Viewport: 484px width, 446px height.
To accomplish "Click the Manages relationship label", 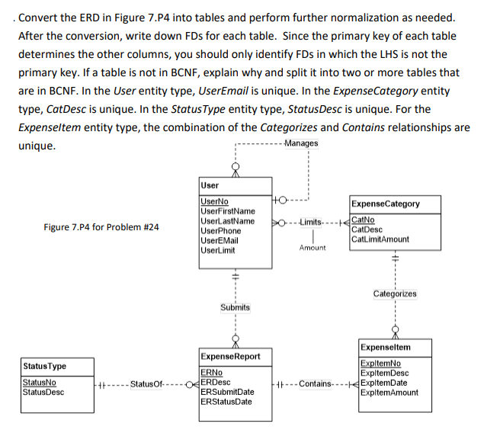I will point(300,144).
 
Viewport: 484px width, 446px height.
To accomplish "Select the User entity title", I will point(210,185).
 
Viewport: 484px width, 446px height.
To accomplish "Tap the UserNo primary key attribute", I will point(213,201).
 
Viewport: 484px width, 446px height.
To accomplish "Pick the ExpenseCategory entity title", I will point(386,204).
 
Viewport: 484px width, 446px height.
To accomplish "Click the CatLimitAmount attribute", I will point(380,239).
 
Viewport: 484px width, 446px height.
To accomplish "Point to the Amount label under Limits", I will point(313,248).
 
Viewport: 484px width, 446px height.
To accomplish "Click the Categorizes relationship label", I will point(395,294).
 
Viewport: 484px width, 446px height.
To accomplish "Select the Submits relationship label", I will point(236,307).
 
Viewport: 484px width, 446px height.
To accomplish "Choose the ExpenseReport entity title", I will point(230,356).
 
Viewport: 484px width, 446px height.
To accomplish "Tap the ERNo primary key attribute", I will point(211,372).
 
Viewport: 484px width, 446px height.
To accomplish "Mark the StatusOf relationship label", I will point(146,383).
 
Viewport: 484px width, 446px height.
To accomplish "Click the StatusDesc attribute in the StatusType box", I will point(43,393).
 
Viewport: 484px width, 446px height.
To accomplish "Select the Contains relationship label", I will point(316,383).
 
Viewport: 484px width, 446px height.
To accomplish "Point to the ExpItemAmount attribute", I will point(389,393).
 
